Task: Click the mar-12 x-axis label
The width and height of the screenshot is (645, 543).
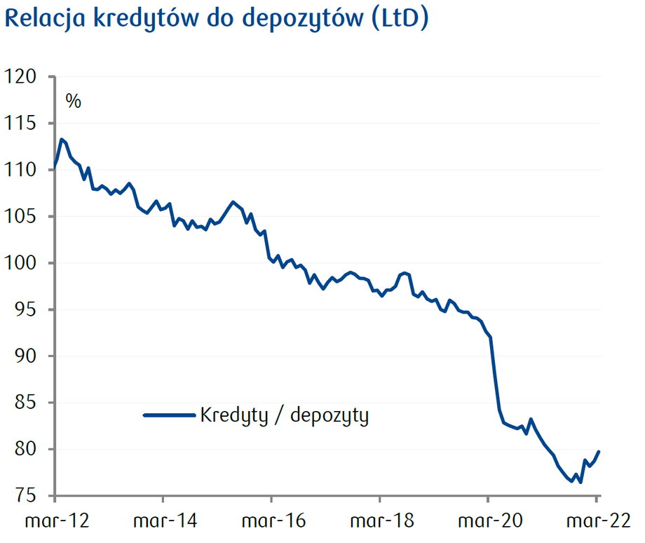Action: (x=54, y=521)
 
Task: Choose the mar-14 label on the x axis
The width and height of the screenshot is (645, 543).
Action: (x=163, y=521)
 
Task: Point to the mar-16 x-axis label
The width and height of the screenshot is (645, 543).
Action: (x=271, y=521)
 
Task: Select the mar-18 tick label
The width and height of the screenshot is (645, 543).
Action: (x=379, y=521)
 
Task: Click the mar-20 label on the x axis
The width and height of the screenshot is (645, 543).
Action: (x=488, y=521)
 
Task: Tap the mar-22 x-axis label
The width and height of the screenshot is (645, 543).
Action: (x=596, y=521)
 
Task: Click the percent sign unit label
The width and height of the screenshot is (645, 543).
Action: (x=74, y=101)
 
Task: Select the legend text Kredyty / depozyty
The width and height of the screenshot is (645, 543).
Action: (x=284, y=415)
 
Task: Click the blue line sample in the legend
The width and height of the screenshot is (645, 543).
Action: (x=168, y=415)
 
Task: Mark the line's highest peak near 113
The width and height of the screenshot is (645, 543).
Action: (x=62, y=139)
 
